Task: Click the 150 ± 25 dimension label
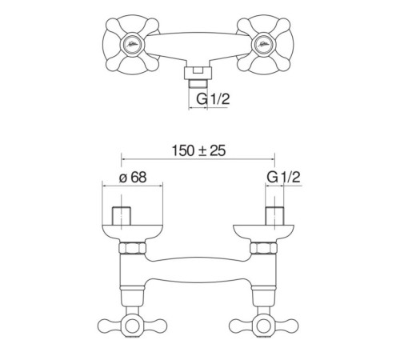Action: tap(198, 150)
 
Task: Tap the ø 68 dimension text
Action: tap(133, 178)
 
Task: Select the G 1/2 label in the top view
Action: tap(213, 99)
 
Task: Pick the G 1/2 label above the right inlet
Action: tap(283, 177)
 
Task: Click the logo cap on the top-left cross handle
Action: tap(131, 44)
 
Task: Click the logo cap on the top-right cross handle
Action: tap(264, 44)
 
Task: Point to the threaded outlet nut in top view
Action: tap(198, 73)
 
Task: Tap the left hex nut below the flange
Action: tap(132, 248)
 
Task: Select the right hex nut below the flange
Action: tap(263, 248)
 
